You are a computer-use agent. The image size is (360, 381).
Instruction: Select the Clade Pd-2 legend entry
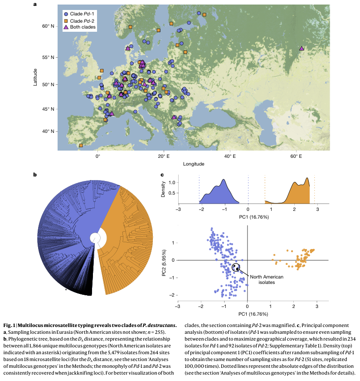[x=82, y=21]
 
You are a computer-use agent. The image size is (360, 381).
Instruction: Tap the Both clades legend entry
[x=82, y=28]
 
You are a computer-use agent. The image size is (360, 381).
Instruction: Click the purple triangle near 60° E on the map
[x=302, y=48]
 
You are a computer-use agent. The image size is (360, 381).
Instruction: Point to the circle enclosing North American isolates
[x=236, y=267]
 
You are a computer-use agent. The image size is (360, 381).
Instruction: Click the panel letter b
[x=35, y=174]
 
